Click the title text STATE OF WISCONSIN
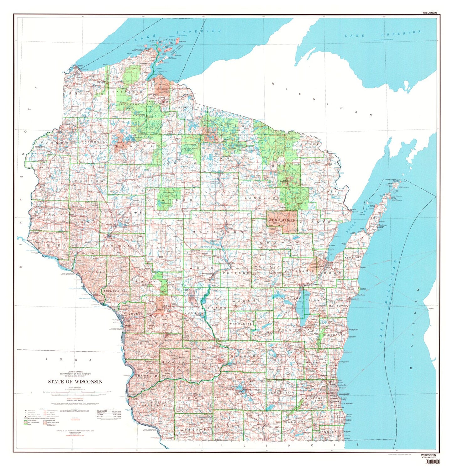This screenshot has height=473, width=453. pos(75,381)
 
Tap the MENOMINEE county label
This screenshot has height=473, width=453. pos(282,221)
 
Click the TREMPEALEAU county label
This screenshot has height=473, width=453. pos(116,292)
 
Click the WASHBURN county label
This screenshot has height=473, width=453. pos(92,142)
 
